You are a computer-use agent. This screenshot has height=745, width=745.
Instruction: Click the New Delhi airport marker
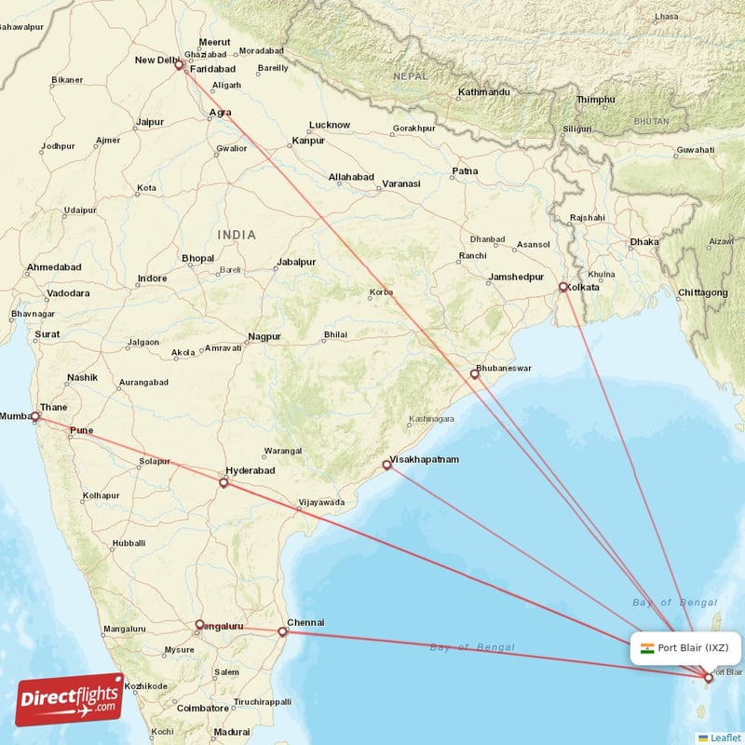coord(179,66)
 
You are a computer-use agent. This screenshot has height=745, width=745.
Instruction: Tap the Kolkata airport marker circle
coord(562,287)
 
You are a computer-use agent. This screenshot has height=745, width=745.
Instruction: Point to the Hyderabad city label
coord(251,472)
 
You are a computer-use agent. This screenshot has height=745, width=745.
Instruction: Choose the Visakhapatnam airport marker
coord(386,464)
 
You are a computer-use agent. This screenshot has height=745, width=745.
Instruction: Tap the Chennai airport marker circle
coord(283,632)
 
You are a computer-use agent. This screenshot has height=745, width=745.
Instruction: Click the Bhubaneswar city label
coord(504,368)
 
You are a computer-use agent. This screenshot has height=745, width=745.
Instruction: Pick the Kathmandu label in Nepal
coord(484,92)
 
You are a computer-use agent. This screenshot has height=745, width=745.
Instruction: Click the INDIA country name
coord(237,235)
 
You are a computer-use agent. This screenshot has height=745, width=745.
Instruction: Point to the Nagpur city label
coord(264,336)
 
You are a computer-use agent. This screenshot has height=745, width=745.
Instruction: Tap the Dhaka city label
coord(643,242)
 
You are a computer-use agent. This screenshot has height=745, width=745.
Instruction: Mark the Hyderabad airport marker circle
coord(223,483)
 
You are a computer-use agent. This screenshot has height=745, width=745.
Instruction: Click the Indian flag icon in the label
coord(647,647)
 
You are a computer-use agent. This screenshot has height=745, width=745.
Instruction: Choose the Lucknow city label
coord(330,125)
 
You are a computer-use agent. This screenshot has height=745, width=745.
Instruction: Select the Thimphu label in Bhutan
coord(596,100)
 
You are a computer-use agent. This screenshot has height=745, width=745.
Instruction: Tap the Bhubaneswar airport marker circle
coord(475,374)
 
